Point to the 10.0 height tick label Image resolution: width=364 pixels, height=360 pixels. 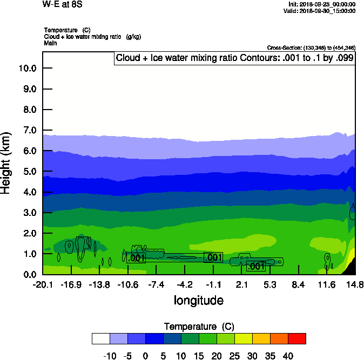pos(27,69)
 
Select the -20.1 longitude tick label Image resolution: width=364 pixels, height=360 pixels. pos(43,284)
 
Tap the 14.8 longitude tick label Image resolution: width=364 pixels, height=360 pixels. pos(355,284)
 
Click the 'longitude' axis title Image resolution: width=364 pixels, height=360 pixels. pos(198,300)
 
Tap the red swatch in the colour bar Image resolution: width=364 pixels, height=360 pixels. pos(296,338)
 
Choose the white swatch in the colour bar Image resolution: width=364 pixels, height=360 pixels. pos(100,338)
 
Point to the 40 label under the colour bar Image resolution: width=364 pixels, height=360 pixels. pos(288,356)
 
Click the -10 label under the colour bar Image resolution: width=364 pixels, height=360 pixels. pos(110,356)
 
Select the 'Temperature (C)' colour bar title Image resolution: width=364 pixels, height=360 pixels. pos(199,327)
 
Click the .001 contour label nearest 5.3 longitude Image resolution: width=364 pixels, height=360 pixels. pos(255,266)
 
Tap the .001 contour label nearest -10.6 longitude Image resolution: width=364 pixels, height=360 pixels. pos(136,258)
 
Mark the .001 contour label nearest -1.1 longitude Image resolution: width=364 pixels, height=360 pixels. pos(213,257)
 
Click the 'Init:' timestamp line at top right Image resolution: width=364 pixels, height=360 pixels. pos(322,4)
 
